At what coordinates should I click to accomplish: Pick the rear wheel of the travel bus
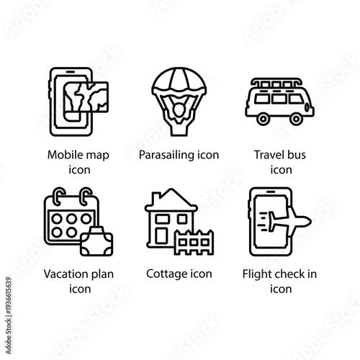click(x=264, y=120)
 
